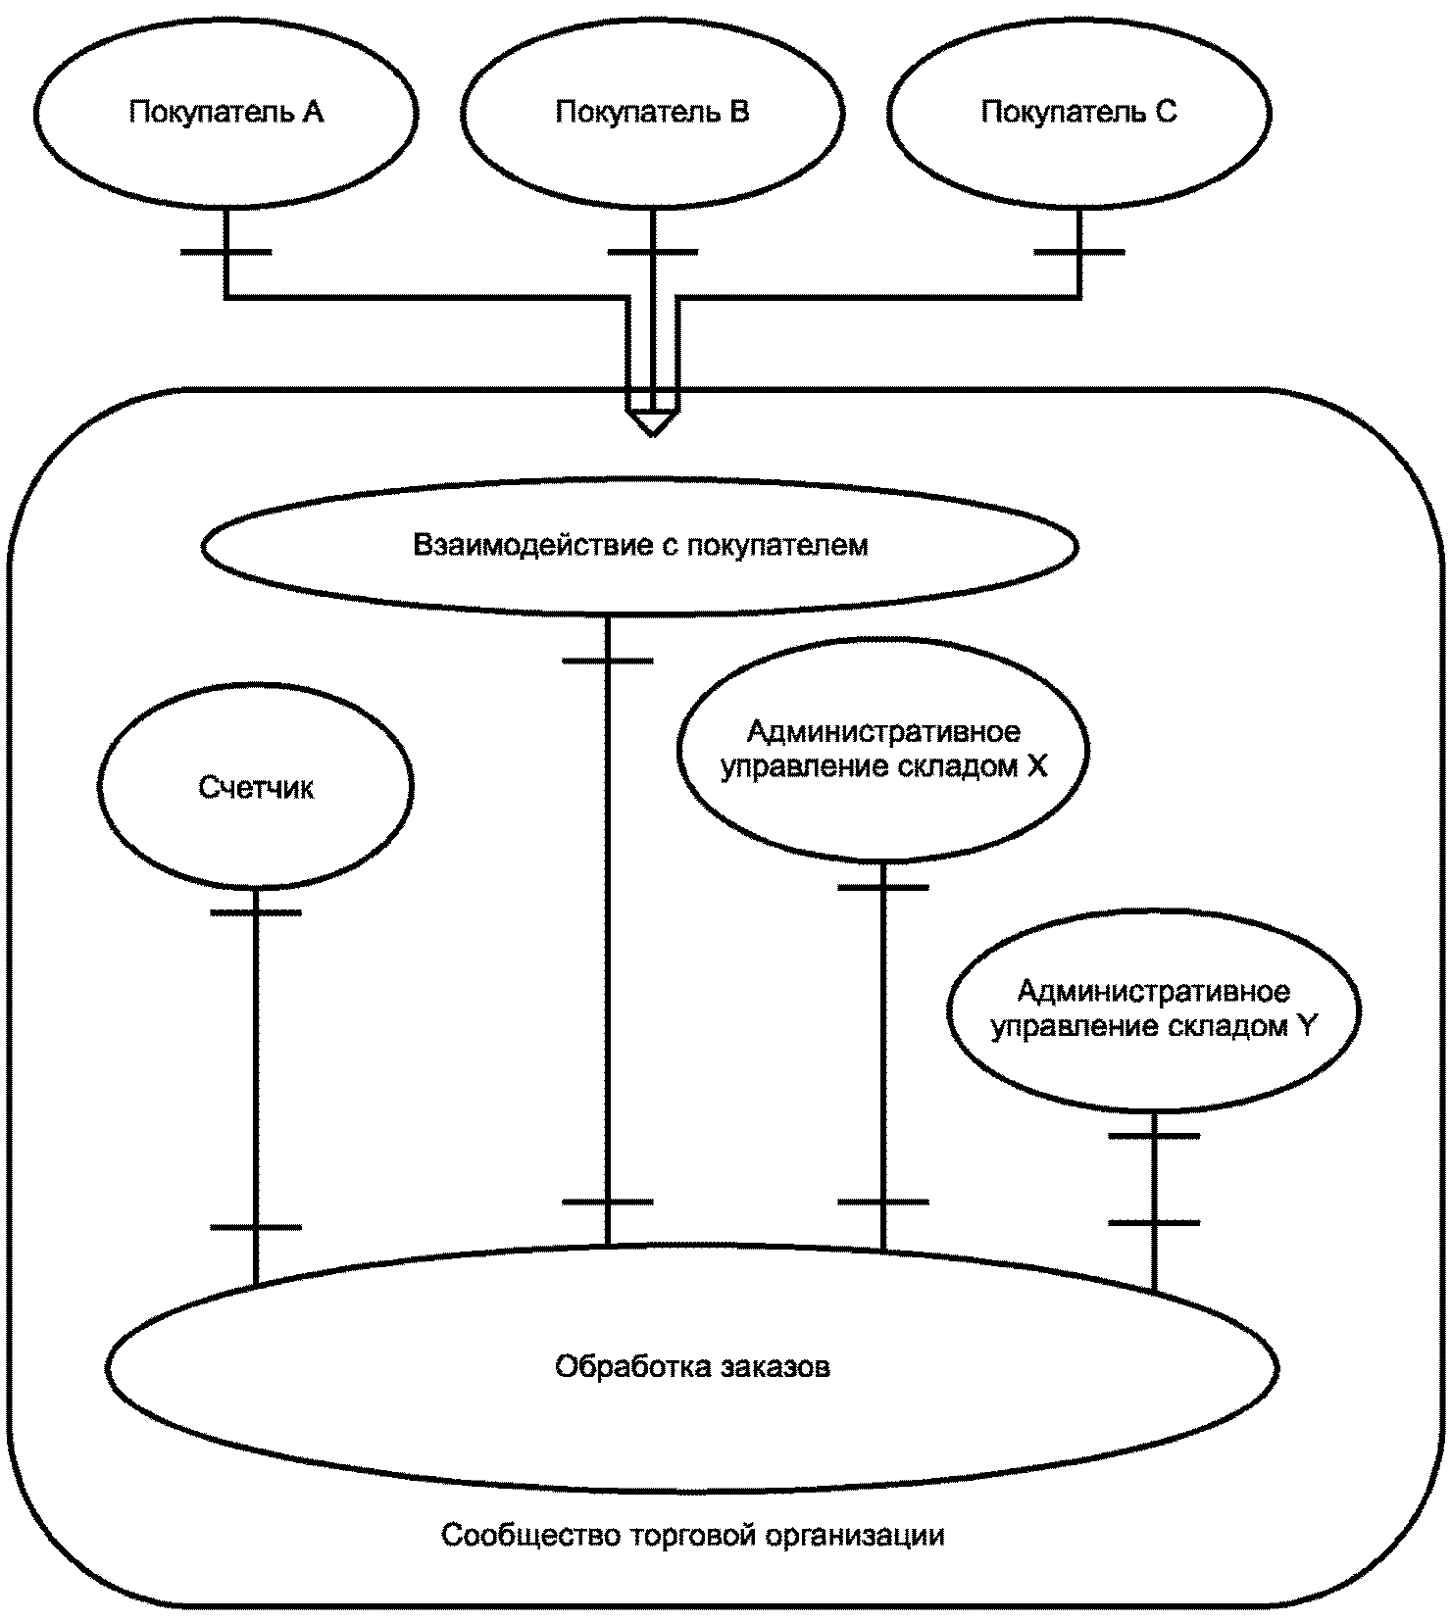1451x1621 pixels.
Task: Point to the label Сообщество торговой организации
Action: click(x=692, y=1535)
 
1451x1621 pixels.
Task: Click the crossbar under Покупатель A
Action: click(x=225, y=252)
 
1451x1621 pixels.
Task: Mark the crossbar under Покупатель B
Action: click(x=652, y=252)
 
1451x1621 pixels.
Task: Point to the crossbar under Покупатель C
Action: click(x=1079, y=252)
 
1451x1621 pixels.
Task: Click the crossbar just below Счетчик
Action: click(x=256, y=912)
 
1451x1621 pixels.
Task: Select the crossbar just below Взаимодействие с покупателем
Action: click(x=607, y=661)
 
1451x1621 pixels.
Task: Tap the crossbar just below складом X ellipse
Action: click(x=883, y=888)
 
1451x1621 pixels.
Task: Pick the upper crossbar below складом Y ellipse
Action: click(x=1154, y=1136)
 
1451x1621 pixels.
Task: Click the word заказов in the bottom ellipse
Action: click(x=776, y=1367)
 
